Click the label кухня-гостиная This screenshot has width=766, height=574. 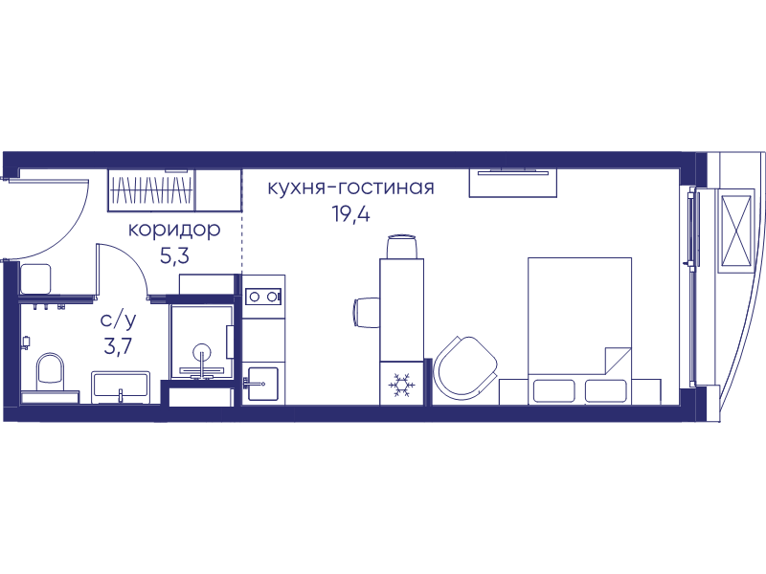click(x=350, y=188)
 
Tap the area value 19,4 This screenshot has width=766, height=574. click(x=350, y=213)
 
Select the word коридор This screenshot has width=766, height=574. click(x=174, y=230)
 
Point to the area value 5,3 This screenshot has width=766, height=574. click(x=174, y=255)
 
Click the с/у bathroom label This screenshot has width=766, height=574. click(x=118, y=320)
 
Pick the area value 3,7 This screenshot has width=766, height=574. click(x=118, y=346)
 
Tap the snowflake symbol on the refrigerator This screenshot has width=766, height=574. click(x=401, y=386)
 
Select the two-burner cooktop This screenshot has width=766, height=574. click(x=263, y=297)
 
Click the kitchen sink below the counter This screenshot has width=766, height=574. click(x=262, y=384)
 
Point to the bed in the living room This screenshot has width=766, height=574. click(x=580, y=331)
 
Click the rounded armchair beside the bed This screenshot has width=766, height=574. click(x=466, y=366)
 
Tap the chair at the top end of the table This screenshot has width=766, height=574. click(x=402, y=247)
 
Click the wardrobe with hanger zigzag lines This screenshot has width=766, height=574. click(x=151, y=189)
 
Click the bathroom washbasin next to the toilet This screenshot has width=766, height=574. click(x=121, y=387)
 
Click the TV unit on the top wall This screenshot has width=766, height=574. click(x=513, y=182)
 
